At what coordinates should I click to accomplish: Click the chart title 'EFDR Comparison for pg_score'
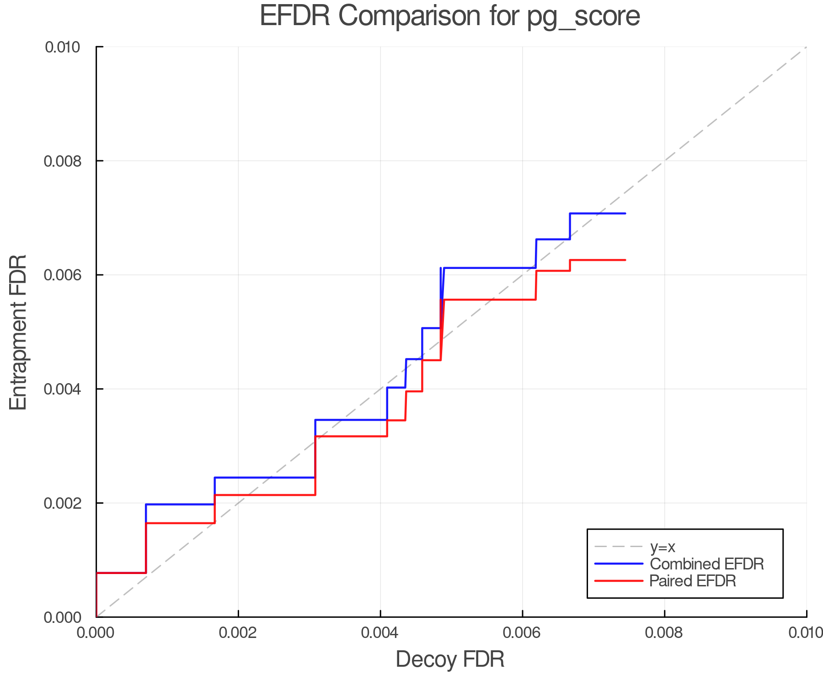(450, 16)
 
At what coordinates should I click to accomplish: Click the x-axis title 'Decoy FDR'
(450, 659)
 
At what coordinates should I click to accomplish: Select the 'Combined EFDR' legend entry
(706, 564)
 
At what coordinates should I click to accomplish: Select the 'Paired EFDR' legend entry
(693, 581)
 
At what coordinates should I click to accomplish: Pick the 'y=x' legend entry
(663, 547)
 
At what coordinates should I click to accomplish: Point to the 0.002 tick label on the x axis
(238, 633)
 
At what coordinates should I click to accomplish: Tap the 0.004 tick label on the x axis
(380, 633)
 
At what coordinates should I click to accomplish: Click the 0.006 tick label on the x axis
(522, 633)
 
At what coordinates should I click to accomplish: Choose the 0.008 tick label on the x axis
(664, 633)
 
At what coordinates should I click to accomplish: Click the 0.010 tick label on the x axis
(806, 633)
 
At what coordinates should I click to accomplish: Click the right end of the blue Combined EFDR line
(625, 213)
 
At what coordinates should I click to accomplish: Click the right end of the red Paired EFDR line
(625, 260)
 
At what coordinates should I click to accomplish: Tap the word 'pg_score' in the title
(583, 16)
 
